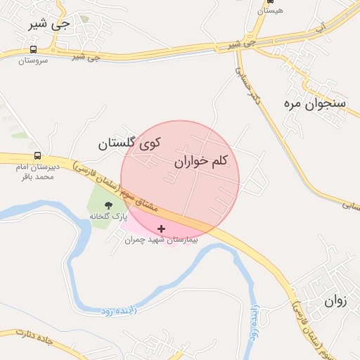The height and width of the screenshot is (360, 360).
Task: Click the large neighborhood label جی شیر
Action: [50, 23]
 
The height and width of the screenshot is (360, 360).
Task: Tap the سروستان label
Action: [33, 61]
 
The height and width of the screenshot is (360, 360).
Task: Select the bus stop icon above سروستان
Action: [33, 50]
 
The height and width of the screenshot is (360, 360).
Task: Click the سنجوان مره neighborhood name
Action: [316, 103]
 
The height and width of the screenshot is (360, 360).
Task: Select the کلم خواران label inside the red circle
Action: [201, 162]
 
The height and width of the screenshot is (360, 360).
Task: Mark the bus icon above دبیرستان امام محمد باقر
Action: [37, 156]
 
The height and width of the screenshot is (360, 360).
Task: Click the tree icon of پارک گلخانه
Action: [108, 205]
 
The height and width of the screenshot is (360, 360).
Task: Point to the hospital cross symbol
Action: [162, 229]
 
